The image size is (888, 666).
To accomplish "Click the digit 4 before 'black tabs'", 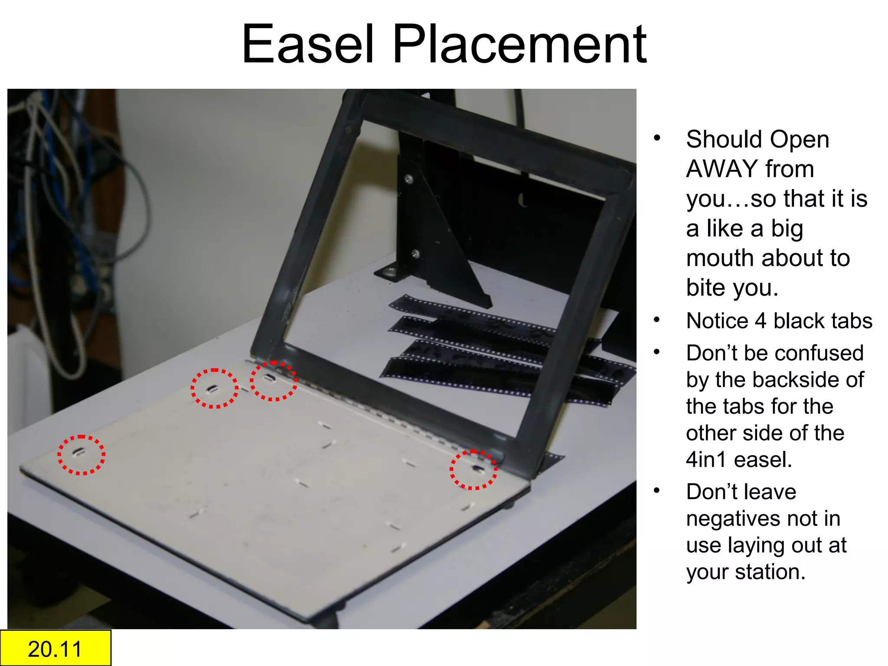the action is point(761,321).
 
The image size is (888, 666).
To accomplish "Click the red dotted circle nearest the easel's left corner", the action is point(82,455).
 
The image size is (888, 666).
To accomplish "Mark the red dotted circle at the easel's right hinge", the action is point(473,470).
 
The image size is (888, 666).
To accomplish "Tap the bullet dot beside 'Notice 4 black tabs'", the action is point(657,320).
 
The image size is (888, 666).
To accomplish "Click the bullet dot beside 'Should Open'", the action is point(657,138).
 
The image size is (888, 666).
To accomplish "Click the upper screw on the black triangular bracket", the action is point(408,179).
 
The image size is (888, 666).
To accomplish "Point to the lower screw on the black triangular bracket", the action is point(415,253).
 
